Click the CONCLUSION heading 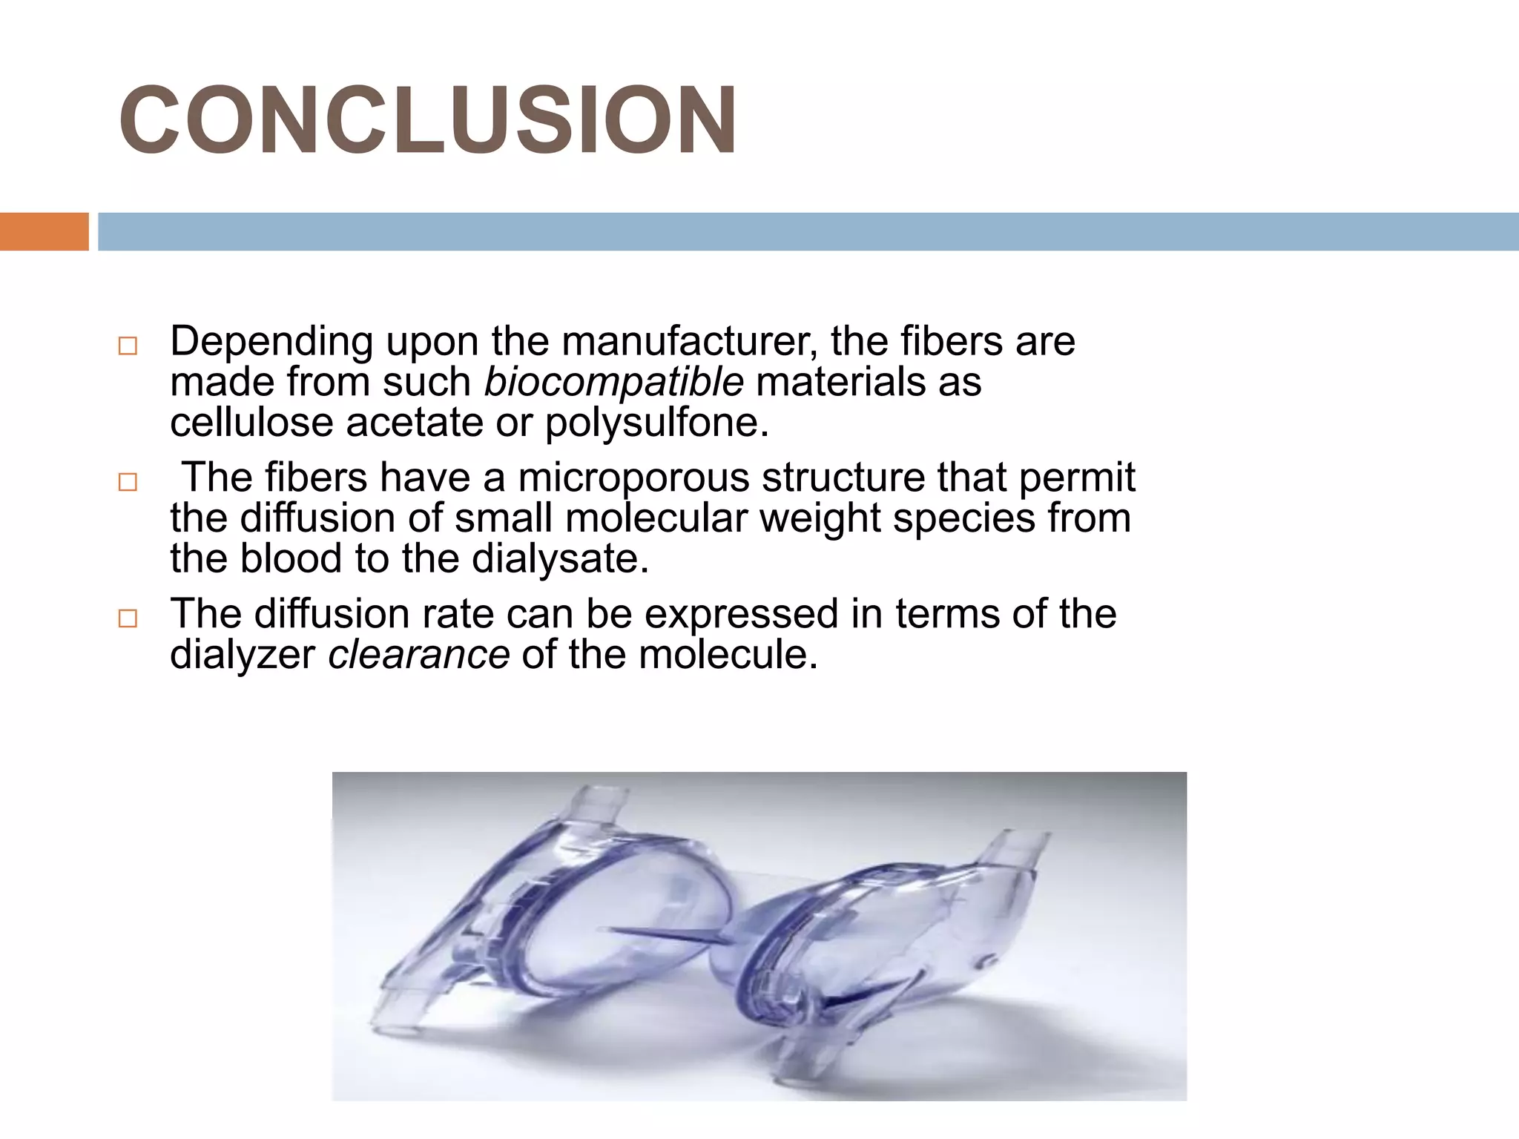427,121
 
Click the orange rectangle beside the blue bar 44,231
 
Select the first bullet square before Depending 128,346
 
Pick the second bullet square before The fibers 128,482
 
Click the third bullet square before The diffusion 128,618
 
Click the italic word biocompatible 613,383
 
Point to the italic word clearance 418,655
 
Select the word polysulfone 656,423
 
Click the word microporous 633,477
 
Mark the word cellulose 251,423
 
